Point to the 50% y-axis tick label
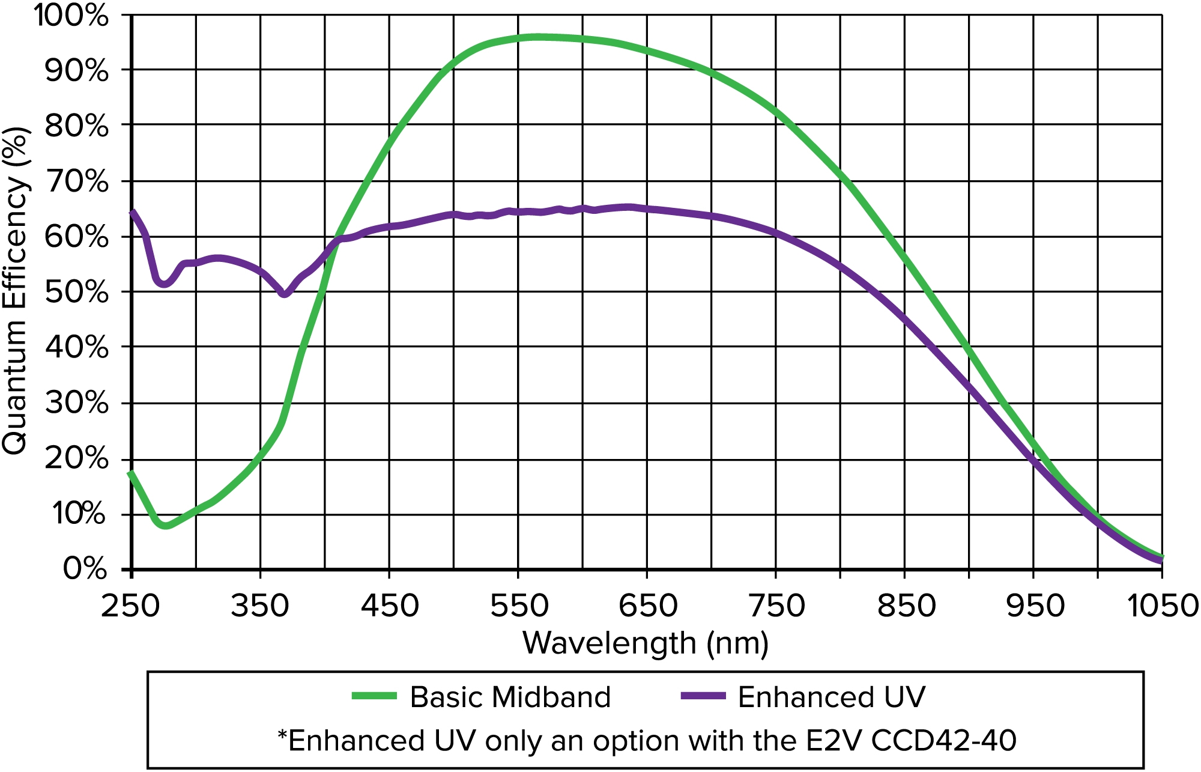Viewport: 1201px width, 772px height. pos(77,293)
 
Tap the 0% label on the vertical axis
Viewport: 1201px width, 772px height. pos(85,568)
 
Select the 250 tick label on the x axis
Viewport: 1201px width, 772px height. pos(131,606)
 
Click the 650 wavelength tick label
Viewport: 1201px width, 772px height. pos(648,606)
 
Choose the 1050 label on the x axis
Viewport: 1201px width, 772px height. pos(1163,606)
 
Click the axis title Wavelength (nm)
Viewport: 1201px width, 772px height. pos(646,643)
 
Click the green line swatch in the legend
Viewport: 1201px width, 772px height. pos(374,696)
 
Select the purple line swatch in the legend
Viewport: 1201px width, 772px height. pos(703,696)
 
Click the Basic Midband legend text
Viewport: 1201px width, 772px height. pos(510,698)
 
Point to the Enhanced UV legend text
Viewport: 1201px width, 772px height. pos(832,698)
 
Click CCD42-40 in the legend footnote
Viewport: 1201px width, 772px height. pos(943,741)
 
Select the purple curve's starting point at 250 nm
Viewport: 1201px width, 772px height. pos(132,211)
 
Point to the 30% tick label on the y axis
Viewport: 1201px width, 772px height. pos(77,403)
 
